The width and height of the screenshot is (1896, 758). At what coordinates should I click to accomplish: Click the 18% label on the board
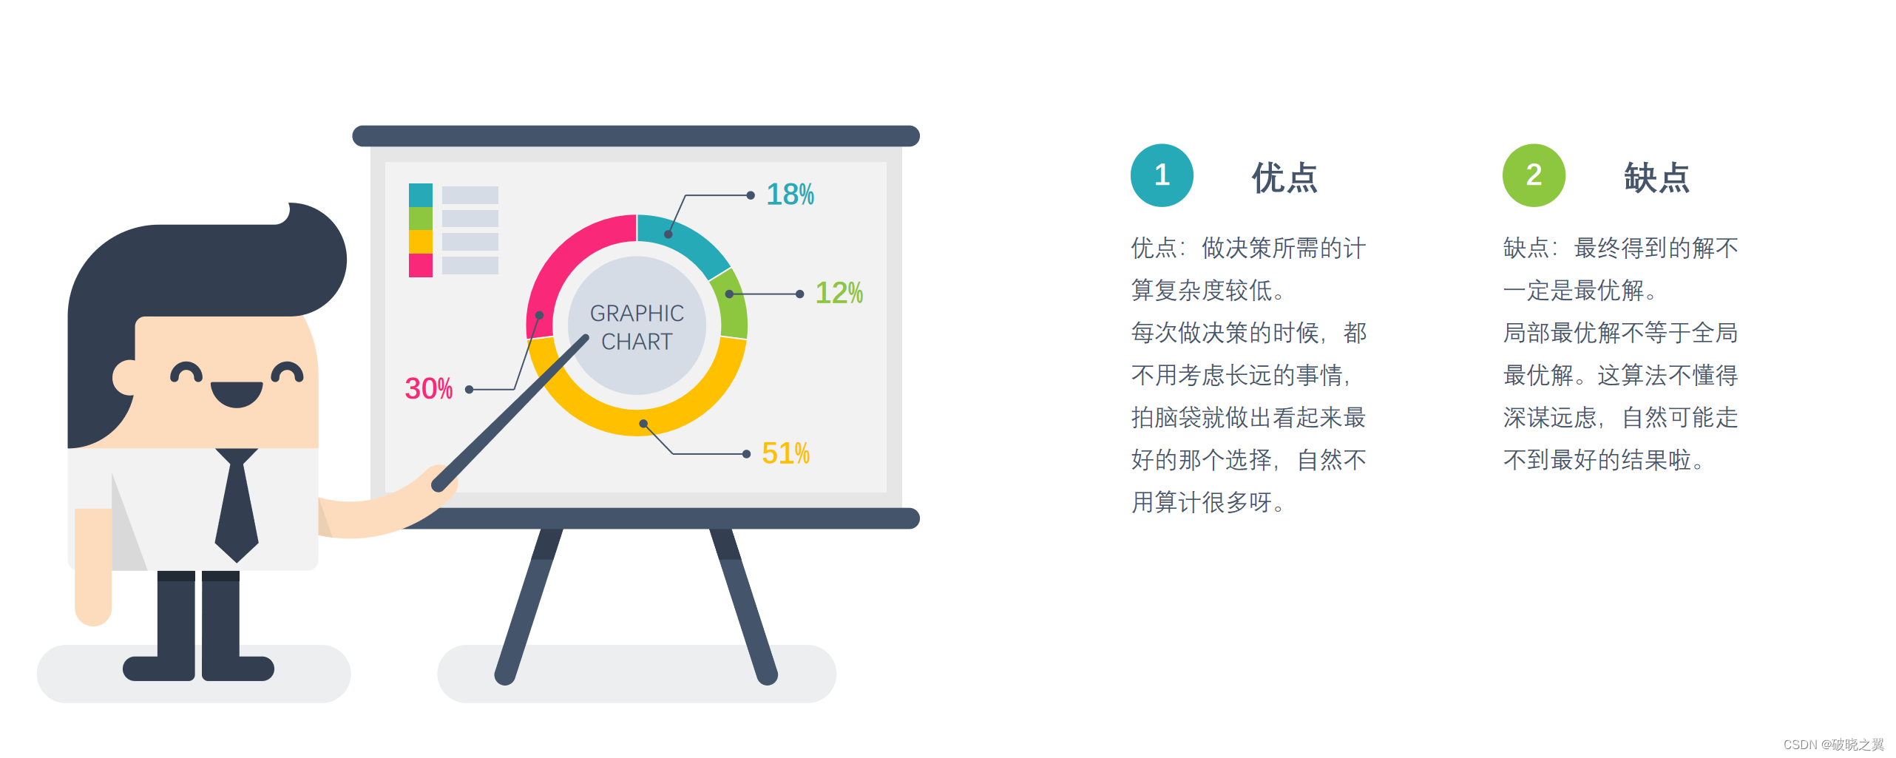[789, 194]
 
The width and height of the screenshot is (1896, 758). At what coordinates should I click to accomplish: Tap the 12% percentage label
[839, 293]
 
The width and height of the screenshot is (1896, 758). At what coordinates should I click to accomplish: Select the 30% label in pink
[428, 389]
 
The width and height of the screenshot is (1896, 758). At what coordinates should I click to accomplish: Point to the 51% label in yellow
[785, 453]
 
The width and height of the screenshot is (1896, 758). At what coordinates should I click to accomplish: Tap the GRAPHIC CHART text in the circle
[637, 328]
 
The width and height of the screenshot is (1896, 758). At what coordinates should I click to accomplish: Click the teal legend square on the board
[420, 194]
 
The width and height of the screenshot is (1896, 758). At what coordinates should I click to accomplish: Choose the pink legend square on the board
[420, 265]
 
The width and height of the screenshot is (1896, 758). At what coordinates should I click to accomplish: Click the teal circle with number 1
[1162, 175]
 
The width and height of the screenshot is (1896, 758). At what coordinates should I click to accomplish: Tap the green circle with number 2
[1534, 175]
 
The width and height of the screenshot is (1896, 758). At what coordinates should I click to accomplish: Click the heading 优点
[1284, 177]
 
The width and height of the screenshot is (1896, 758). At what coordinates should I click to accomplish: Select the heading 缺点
[1656, 177]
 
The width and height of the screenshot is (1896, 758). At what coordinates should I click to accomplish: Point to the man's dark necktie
[237, 510]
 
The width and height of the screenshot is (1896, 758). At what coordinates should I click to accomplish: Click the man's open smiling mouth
[237, 393]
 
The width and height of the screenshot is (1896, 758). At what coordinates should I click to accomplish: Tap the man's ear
[126, 378]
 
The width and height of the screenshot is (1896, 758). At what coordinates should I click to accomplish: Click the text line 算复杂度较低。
[1208, 291]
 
